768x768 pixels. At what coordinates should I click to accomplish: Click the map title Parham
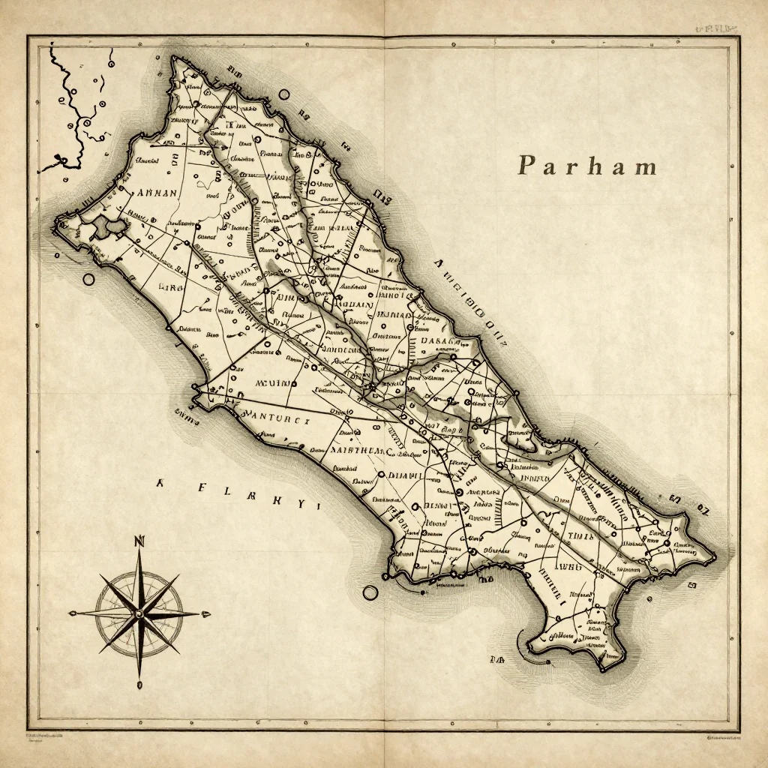(586, 166)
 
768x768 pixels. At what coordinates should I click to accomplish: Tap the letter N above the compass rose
(139, 541)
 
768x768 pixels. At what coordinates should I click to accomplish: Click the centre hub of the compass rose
(139, 613)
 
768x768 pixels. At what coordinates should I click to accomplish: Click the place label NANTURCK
(277, 421)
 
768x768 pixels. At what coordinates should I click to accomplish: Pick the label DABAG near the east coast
(439, 341)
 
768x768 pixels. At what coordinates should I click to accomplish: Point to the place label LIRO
(172, 287)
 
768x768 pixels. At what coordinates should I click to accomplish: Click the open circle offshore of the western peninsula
(88, 280)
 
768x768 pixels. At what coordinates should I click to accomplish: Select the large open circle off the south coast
(370, 592)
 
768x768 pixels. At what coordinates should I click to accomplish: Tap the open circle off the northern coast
(283, 95)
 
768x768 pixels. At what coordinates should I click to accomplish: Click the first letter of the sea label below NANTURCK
(159, 484)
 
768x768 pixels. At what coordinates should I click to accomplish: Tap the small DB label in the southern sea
(497, 659)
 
